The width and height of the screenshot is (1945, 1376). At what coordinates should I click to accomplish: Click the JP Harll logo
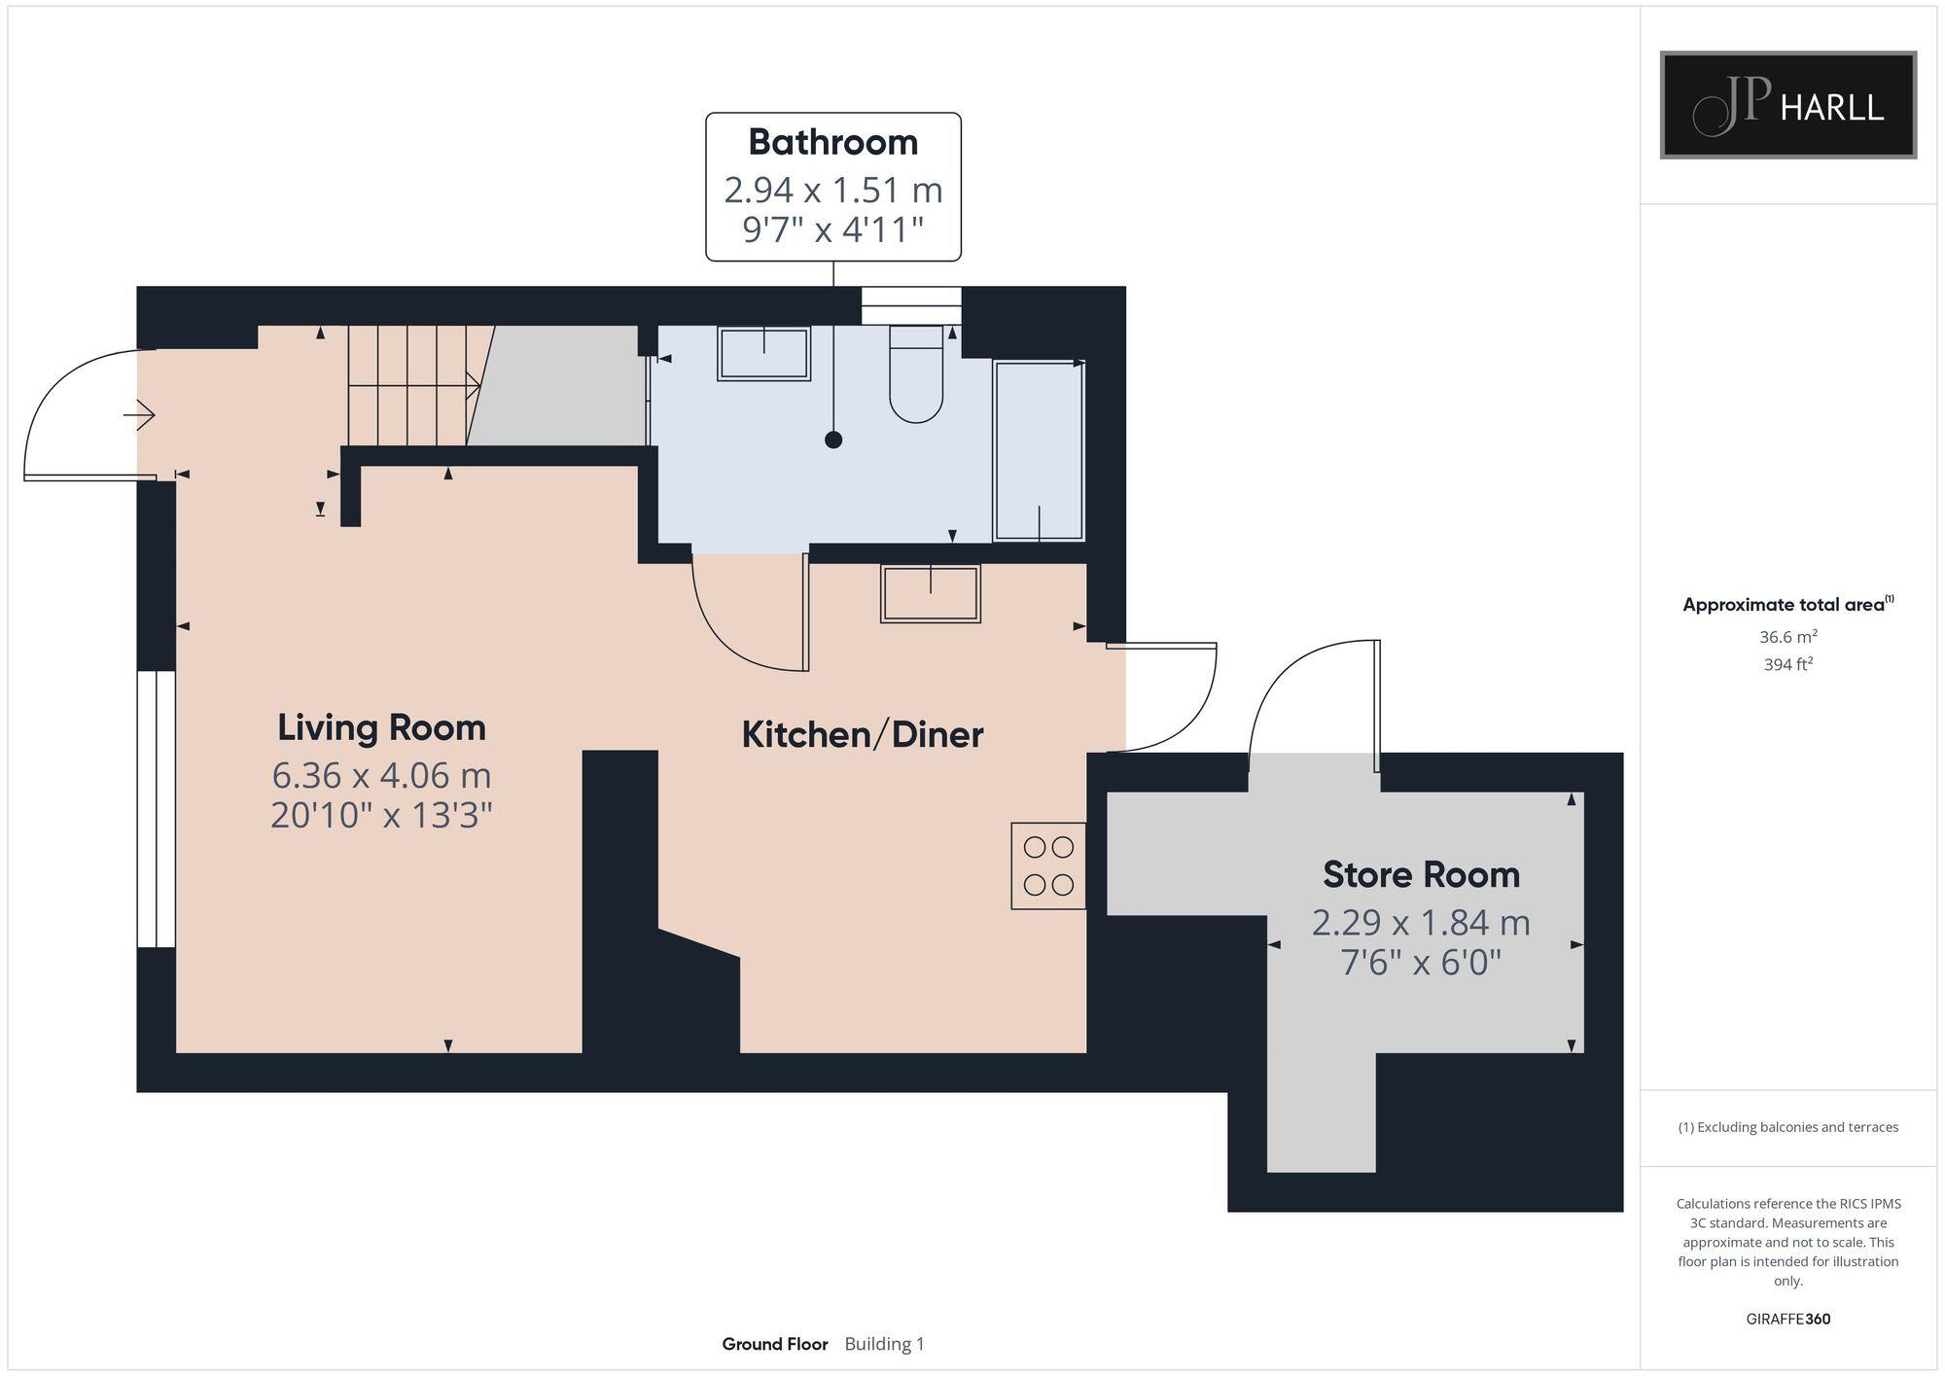coord(1787,105)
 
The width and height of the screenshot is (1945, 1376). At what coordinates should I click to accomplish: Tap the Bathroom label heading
coord(833,142)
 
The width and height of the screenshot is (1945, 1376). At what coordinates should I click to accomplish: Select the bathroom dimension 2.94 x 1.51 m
coord(833,190)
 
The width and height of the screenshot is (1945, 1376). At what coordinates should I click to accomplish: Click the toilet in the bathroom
coord(916,377)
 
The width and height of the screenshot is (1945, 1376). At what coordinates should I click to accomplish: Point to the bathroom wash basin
coord(763,353)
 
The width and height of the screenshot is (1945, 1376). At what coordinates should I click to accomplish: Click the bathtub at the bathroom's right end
coord(1039,450)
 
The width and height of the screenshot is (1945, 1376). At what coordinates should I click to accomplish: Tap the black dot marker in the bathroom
coord(833,440)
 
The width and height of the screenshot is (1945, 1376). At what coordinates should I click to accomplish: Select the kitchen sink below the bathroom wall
coord(931,593)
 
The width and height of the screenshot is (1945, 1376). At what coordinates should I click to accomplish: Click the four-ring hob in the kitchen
coord(1048,865)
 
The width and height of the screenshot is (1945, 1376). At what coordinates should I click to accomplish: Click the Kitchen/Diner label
coord(863,734)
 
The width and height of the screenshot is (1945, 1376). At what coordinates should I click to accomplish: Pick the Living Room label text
coord(381,727)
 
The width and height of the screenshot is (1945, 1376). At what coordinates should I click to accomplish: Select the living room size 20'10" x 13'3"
coord(381,815)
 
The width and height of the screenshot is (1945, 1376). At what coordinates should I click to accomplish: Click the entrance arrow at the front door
coord(141,416)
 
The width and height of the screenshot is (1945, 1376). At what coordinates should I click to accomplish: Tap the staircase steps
coord(408,386)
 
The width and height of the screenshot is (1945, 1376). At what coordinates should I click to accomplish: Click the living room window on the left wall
coord(156,808)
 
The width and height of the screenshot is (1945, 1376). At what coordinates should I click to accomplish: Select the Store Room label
coord(1421,874)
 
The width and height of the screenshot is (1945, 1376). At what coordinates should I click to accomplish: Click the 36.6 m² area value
coord(1787,637)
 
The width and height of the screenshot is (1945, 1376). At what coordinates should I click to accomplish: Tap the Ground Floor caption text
coord(775,1344)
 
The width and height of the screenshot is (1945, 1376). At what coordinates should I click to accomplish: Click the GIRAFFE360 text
coord(1787,1320)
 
